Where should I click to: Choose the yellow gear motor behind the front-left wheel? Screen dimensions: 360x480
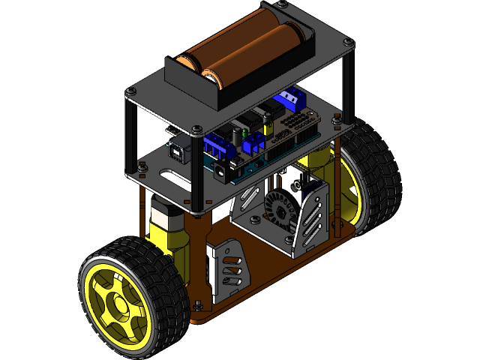(x=169, y=229)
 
